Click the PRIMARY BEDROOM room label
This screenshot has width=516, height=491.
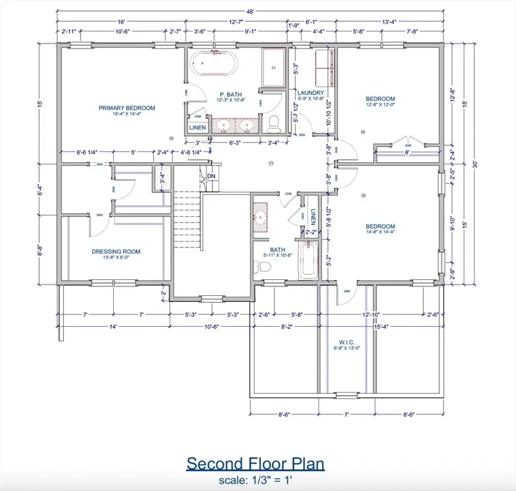pos(127,108)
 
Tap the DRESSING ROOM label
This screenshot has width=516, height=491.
pos(116,251)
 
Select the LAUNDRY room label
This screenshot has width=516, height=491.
pos(311,93)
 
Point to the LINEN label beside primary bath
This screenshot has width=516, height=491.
pos(198,128)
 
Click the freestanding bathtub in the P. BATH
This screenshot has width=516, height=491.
pos(215,65)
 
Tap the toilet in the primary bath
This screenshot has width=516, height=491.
pos(274,121)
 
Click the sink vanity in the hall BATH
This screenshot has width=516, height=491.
pos(261,218)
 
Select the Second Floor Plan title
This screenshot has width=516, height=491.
pos(255,464)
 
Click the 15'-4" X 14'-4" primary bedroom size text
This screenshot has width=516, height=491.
pos(127,115)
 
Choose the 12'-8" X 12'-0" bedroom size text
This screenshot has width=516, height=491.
pos(380,106)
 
